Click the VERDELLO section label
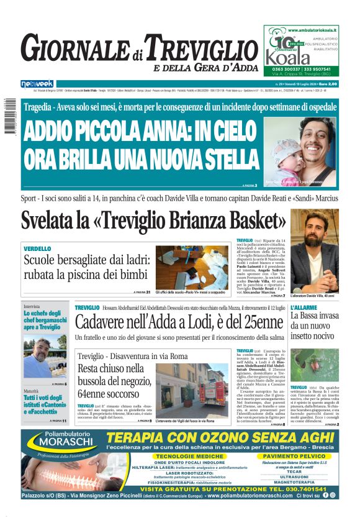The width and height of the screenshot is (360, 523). click(37, 248)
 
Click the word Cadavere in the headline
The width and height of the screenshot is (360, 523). click(105, 322)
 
